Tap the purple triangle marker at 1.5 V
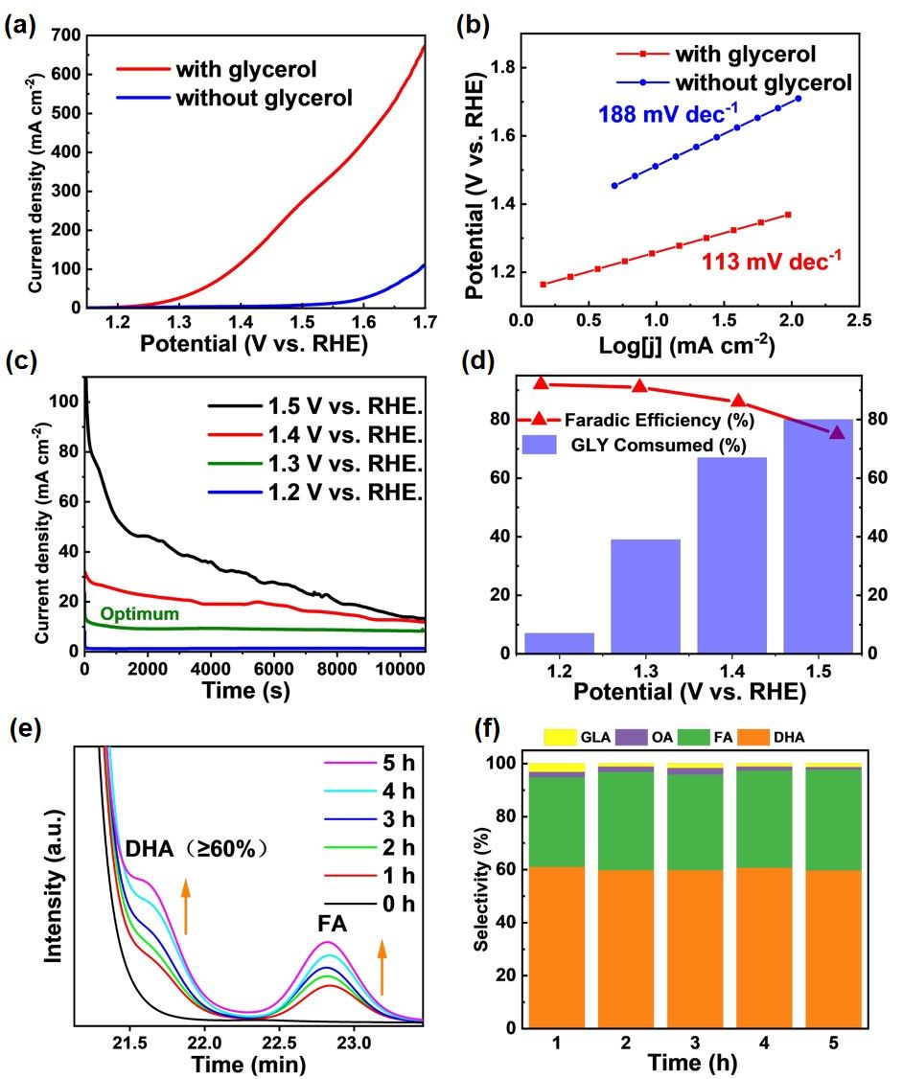pyautogui.click(x=837, y=432)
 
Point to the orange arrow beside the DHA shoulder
pyautogui.click(x=186, y=907)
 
